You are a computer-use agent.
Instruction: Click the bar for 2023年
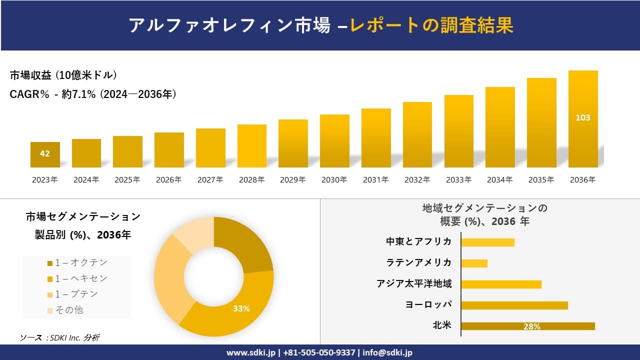tap(45, 155)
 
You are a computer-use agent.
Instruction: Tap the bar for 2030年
tap(334, 141)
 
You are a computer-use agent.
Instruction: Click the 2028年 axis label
tap(251, 180)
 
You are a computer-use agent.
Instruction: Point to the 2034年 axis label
tap(499, 180)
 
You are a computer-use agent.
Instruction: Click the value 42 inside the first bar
tap(45, 153)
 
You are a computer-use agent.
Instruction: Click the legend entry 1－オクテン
tap(77, 262)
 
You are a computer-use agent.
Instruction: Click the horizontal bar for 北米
tap(527, 326)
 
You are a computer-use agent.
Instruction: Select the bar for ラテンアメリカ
tap(474, 263)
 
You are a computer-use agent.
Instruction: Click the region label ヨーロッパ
tap(428, 304)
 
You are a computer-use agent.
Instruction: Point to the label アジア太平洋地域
tap(414, 284)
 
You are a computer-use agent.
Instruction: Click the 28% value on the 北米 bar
tap(531, 326)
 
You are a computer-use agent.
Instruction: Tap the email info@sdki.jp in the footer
tap(387, 352)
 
